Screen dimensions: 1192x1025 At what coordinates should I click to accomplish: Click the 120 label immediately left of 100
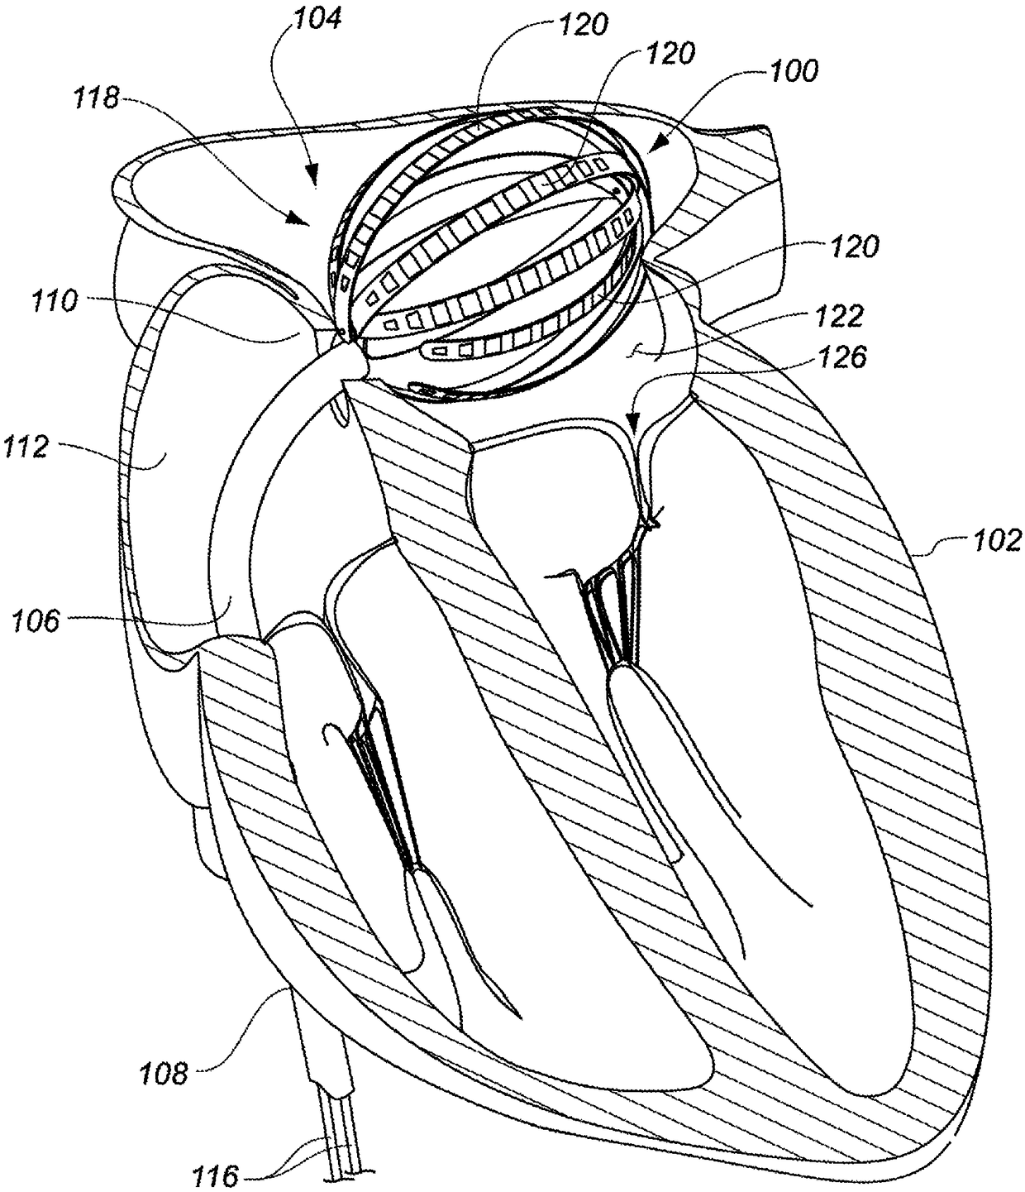click(670, 54)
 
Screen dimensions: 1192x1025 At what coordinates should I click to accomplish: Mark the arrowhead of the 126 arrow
click(632, 429)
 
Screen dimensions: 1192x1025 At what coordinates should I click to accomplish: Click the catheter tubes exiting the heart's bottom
click(341, 1142)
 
